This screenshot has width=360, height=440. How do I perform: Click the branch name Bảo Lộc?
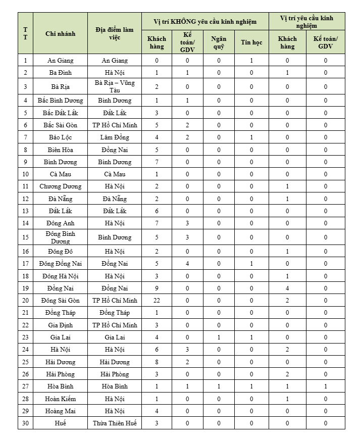[x=60, y=137]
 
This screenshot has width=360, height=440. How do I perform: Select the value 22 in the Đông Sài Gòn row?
[x=157, y=300]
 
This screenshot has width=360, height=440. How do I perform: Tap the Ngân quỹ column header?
[x=219, y=42]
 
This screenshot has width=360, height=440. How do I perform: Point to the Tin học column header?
[x=251, y=42]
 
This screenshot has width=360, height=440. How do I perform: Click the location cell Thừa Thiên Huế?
[x=114, y=423]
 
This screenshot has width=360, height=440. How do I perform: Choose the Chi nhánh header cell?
[x=60, y=33]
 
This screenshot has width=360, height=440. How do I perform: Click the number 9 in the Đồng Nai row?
[x=157, y=288]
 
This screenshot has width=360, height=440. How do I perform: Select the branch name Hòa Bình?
[x=60, y=386]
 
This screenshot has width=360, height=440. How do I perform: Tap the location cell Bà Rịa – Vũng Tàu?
[x=114, y=86]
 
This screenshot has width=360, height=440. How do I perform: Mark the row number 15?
[x=26, y=237]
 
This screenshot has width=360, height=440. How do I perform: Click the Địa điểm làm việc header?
[x=114, y=33]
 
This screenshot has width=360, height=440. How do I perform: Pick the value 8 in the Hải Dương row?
[x=157, y=362]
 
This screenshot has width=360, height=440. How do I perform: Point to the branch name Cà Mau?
[x=60, y=174]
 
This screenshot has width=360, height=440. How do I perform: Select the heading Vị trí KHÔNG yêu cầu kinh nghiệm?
[x=205, y=22]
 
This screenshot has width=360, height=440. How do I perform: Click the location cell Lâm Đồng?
[x=114, y=137]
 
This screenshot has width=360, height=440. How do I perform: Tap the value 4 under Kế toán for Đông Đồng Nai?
[x=187, y=263]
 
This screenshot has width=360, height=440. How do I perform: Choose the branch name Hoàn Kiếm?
[x=60, y=399]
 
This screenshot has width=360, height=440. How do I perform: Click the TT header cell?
[x=26, y=33]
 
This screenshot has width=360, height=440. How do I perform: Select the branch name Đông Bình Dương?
[x=60, y=237]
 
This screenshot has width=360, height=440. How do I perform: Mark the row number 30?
[x=26, y=423]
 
